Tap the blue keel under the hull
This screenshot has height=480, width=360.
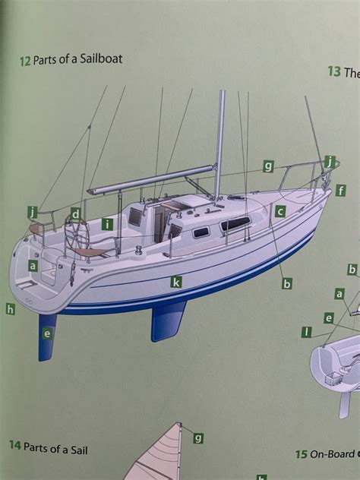[169, 319]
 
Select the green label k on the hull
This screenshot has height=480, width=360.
[176, 282]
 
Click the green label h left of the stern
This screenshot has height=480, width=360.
[10, 308]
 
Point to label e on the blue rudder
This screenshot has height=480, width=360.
[47, 333]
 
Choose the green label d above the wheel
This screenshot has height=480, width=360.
[76, 213]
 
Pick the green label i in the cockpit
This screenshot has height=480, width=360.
[107, 223]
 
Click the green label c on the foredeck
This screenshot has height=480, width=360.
[279, 212]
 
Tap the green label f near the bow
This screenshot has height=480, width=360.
[341, 190]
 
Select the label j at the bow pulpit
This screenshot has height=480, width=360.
[329, 161]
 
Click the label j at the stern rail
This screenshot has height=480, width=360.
[32, 211]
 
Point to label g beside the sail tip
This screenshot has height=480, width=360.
[198, 437]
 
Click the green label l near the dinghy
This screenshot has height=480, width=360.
[307, 332]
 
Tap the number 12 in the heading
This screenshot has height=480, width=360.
[25, 59]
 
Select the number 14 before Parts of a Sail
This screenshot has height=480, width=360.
[14, 446]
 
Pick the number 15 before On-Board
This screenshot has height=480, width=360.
[301, 454]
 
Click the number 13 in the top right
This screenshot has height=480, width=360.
[333, 72]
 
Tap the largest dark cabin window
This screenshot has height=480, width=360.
[235, 223]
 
